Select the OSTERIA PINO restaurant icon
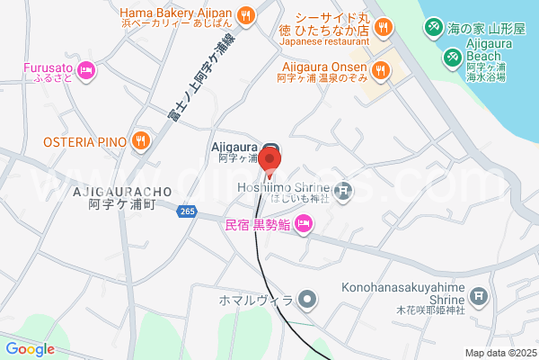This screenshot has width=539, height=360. click(141, 140)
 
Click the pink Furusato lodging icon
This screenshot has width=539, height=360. click(87, 68)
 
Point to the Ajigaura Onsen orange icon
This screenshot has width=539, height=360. click(379, 68)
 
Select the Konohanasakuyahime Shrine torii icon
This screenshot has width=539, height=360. click(479, 294)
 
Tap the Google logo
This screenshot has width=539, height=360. click(30, 348)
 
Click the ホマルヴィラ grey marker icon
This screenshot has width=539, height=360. click(307, 299)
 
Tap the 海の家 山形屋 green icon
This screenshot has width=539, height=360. click(433, 28)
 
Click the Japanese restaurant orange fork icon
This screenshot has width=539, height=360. click(383, 28)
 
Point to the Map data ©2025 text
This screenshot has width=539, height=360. click(499, 353)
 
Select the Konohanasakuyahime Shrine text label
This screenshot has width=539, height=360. click(414, 293)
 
